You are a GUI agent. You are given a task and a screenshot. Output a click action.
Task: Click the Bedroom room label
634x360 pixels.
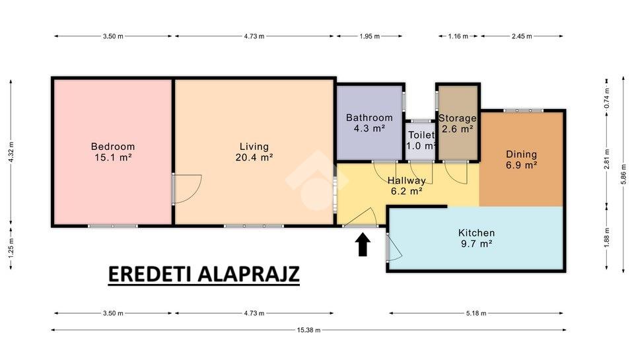(x=113, y=147)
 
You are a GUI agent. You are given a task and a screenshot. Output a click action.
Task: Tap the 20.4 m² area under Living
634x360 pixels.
(x=254, y=157)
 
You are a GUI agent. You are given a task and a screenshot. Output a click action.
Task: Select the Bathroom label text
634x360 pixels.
(x=370, y=118)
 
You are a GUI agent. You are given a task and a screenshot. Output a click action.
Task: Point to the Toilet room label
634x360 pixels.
(x=421, y=135)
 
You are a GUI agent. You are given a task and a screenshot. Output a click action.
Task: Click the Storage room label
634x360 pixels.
(x=458, y=118)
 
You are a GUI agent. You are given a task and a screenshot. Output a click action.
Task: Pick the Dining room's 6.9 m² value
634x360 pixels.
(x=522, y=165)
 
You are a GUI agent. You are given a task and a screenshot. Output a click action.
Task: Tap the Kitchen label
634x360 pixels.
(x=476, y=233)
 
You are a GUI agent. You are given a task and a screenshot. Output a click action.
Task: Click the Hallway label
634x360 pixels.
(x=406, y=180)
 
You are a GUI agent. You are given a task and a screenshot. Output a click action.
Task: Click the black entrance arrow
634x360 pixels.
(x=363, y=244)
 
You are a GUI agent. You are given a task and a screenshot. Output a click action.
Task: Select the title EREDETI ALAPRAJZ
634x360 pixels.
(x=204, y=274)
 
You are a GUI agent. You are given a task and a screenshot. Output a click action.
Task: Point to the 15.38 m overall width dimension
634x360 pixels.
(x=309, y=330)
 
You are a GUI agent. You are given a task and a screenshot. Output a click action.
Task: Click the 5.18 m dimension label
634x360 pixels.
(x=476, y=313)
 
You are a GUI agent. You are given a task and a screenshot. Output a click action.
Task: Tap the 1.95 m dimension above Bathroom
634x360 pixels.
(x=370, y=36)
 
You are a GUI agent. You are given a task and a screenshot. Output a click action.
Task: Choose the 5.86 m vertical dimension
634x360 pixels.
(x=623, y=174)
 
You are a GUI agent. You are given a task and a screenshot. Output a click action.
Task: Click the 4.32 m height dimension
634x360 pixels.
(x=11, y=152)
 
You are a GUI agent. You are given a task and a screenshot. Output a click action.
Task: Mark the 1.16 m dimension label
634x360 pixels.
(x=458, y=36)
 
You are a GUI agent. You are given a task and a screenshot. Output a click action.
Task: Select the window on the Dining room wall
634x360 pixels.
(x=523, y=110)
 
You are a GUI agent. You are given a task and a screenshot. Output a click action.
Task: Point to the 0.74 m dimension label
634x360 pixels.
(x=607, y=98)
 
